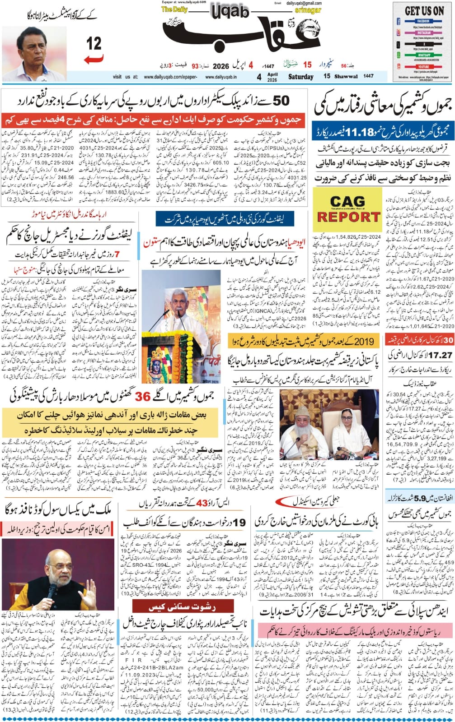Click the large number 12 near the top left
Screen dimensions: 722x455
[x=94, y=44]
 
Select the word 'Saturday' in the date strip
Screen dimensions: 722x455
[x=300, y=77]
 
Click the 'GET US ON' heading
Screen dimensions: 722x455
[x=424, y=11]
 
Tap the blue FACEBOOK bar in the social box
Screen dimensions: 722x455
[x=423, y=21]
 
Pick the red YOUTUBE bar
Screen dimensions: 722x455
[x=423, y=67]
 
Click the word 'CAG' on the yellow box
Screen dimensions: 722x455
[x=347, y=202]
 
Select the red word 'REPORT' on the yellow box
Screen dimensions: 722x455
[x=348, y=217]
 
